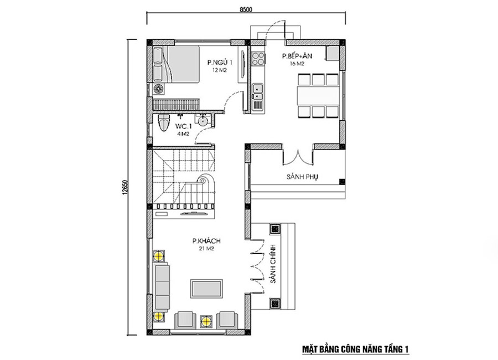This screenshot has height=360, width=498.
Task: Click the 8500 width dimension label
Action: [246, 9]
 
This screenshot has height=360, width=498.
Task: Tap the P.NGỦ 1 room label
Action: [220, 63]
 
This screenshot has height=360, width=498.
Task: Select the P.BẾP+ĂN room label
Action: [297, 56]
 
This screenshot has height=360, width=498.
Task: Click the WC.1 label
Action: [183, 126]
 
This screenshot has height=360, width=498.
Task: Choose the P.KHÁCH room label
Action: [206, 241]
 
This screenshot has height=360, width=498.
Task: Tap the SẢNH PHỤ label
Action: [302, 177]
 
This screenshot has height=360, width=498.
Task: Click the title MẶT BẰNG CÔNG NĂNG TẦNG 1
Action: [355, 349]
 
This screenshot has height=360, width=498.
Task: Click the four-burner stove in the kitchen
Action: [258, 58]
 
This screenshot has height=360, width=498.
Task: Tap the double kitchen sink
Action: [257, 91]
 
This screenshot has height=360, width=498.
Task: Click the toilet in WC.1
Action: [164, 123]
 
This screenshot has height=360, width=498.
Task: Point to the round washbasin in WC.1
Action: [201, 121]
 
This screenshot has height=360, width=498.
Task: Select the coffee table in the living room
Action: [206, 289]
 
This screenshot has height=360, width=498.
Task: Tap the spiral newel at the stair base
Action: [202, 181]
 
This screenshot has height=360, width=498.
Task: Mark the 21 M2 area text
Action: [206, 249]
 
